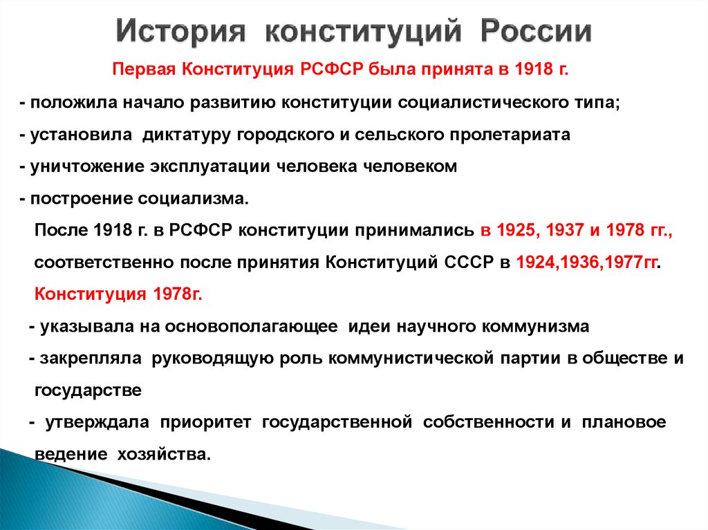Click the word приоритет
click(210, 423)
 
